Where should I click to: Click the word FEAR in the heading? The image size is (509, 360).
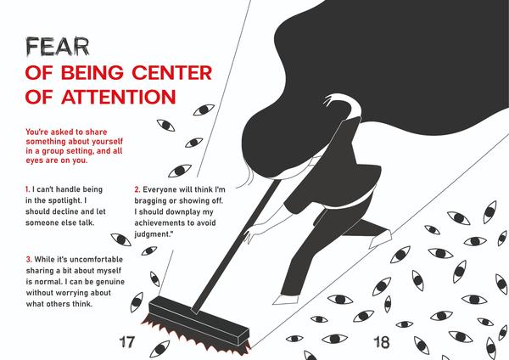click(x=57, y=47)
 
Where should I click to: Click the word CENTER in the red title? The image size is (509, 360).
click(x=172, y=72)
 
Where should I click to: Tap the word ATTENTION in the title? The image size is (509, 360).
click(x=119, y=97)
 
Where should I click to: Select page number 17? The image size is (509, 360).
click(x=126, y=342)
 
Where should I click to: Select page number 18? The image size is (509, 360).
click(x=382, y=342)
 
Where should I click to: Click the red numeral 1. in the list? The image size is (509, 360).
click(x=28, y=189)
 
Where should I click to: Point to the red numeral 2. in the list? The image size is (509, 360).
click(x=137, y=189)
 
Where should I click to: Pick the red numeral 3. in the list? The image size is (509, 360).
click(x=29, y=259)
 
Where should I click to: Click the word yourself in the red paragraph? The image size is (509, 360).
click(x=108, y=142)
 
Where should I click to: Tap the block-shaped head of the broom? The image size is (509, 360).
click(x=199, y=320)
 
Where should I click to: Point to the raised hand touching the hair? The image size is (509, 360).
click(x=331, y=99)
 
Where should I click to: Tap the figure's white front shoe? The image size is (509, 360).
click(x=286, y=300)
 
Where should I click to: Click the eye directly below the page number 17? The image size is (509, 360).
click(x=160, y=349)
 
